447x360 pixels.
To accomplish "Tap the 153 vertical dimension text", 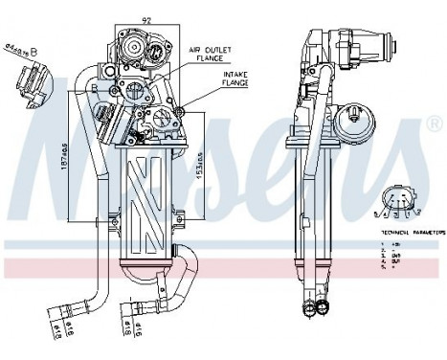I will coord(198,173).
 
